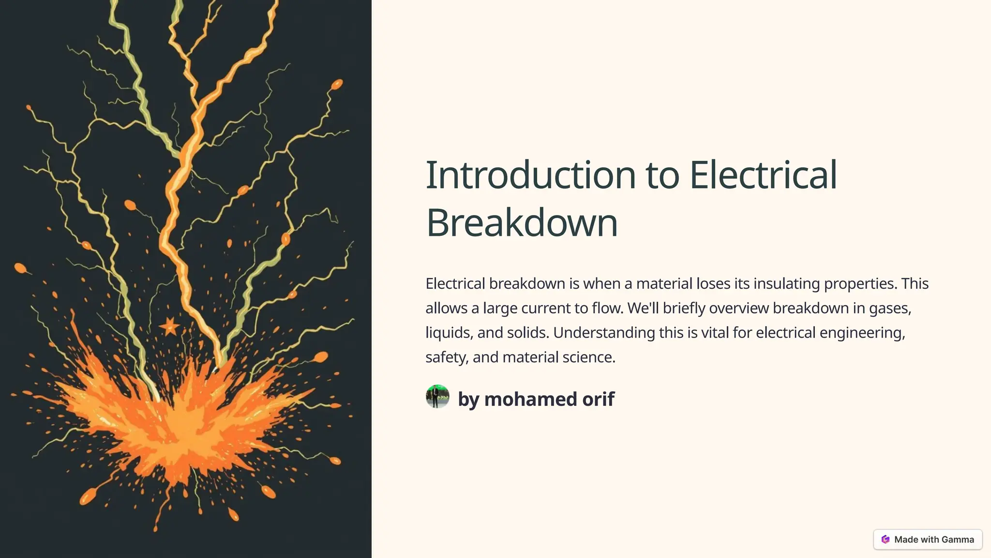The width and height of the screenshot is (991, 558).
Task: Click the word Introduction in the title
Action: pyautogui.click(x=530, y=175)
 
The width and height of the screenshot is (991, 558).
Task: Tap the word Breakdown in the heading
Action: pyautogui.click(x=522, y=223)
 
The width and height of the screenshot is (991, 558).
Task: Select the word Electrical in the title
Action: pyautogui.click(x=763, y=175)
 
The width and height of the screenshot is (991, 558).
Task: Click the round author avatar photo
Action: pyautogui.click(x=437, y=397)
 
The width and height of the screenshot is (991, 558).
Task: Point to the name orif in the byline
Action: pyautogui.click(x=599, y=399)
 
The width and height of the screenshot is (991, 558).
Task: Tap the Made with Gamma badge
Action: pyautogui.click(x=928, y=540)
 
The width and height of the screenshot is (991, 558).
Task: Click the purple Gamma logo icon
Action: pyautogui.click(x=886, y=540)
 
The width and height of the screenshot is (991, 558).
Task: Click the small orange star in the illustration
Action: pyautogui.click(x=169, y=326)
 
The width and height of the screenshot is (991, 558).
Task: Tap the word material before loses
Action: pyautogui.click(x=664, y=283)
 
